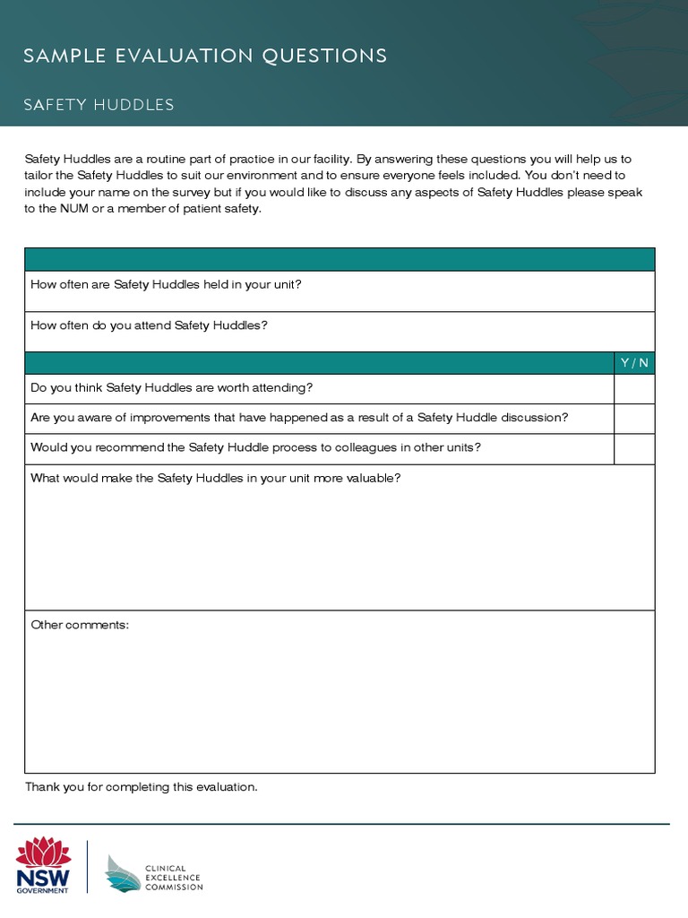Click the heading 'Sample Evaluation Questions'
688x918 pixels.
pos(205,56)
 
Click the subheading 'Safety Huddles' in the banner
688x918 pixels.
pos(99,105)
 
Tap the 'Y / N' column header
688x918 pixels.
pos(634,363)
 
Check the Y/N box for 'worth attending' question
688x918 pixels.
pos(634,388)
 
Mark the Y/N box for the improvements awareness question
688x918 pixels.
pos(634,419)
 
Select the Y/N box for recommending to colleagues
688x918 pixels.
pos(634,448)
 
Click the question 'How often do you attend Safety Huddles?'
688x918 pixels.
pos(149,325)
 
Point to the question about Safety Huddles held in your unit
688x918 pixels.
pos(166,284)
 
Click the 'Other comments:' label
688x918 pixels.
pos(80,624)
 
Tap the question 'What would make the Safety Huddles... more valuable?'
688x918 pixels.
pos(215,478)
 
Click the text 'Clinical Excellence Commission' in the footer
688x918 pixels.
pos(174,878)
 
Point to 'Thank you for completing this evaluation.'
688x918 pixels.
pos(142,787)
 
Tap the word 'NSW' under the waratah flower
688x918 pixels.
pos(43,876)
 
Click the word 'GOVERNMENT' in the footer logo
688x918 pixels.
pos(43,890)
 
